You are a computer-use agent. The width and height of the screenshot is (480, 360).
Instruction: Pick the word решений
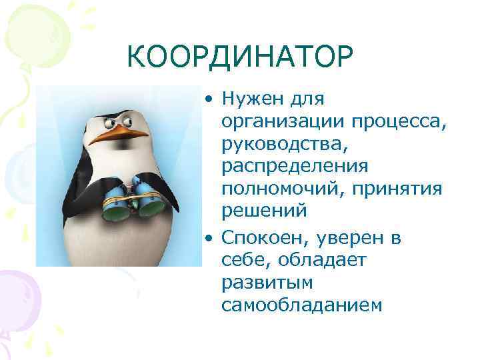(264, 211)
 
